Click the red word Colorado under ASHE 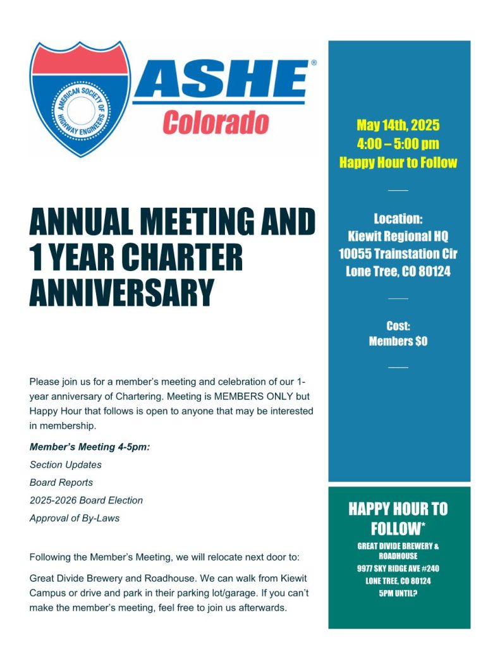216,122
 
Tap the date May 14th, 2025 398,124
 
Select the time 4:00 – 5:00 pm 398,143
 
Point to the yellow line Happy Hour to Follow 398,162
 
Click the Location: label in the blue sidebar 398,219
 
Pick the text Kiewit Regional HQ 398,237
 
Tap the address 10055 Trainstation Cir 398,255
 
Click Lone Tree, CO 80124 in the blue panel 398,272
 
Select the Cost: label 398,326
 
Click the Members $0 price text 398,341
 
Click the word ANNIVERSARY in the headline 122,293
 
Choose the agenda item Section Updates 66,465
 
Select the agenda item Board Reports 61,483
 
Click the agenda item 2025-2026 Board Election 87,500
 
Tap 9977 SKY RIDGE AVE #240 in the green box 398,569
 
